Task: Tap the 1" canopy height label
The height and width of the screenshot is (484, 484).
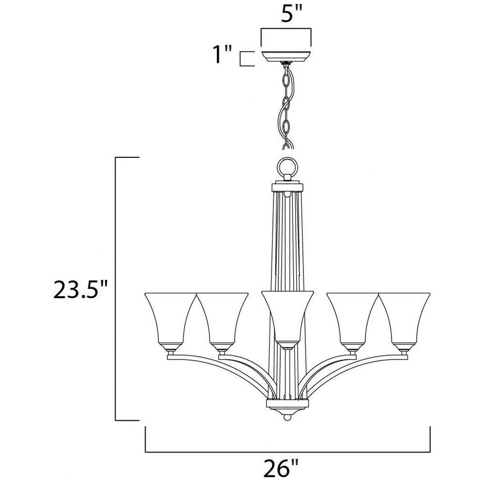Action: pyautogui.click(x=223, y=54)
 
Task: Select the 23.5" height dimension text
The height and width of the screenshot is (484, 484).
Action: pyautogui.click(x=80, y=289)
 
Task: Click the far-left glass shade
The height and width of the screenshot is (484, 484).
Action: pyautogui.click(x=170, y=319)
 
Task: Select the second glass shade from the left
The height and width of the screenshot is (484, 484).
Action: pyautogui.click(x=222, y=319)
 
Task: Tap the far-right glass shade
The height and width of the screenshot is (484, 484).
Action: pyautogui.click(x=404, y=319)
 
